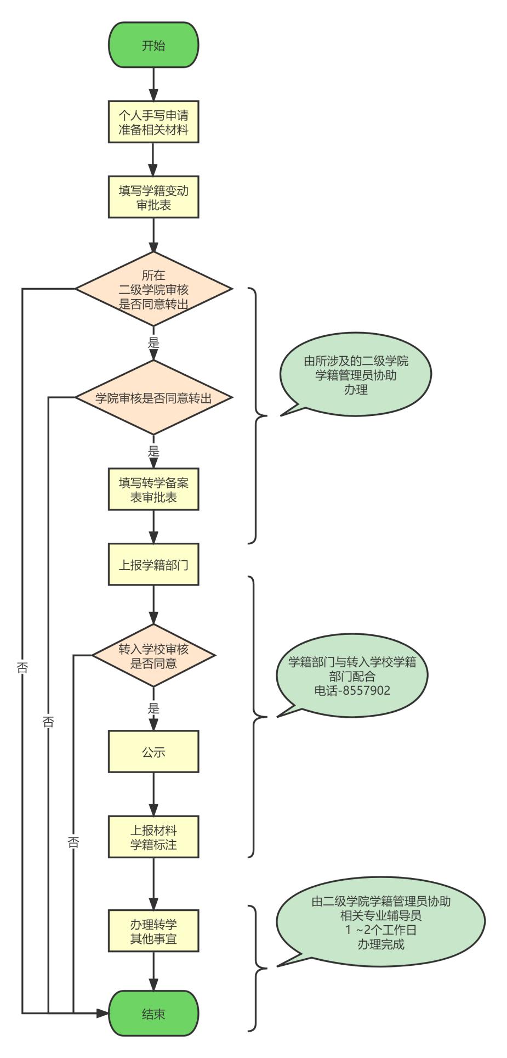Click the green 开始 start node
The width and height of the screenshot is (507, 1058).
coord(153,46)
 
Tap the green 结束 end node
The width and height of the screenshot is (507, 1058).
coord(153,1014)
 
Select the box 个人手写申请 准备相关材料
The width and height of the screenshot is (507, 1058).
coord(153,122)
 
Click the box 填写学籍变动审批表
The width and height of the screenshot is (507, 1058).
coord(153,198)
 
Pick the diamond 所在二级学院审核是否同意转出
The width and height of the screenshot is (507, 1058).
coord(153,289)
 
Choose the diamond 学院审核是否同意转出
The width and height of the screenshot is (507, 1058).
coord(153,398)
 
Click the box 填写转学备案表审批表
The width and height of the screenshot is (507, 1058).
coord(153,489)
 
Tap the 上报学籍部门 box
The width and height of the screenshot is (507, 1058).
coord(153,565)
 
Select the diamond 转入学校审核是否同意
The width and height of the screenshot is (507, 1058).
coord(153,656)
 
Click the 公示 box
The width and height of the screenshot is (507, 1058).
coord(153,752)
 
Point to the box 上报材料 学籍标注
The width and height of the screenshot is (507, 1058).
coord(153,837)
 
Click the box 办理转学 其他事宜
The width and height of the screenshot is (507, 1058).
coord(153,931)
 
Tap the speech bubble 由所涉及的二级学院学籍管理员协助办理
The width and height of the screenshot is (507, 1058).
coord(356,375)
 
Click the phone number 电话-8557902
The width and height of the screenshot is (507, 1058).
coord(352,690)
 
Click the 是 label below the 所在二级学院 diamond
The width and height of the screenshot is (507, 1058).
coord(153,343)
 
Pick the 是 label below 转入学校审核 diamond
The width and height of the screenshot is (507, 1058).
coord(153,708)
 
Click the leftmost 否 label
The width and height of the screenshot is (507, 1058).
coord(22,668)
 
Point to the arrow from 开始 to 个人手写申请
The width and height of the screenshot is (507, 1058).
coord(153,84)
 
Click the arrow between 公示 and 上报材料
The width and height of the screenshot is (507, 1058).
coord(153,794)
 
